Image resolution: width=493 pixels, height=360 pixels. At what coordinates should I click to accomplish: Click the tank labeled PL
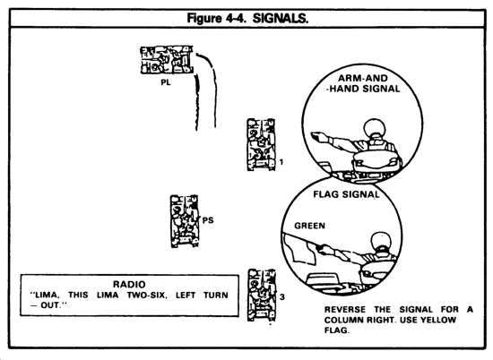(167, 60)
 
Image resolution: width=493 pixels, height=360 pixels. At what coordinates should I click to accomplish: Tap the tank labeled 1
(261, 144)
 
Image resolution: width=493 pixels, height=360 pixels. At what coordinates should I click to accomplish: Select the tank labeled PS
(185, 221)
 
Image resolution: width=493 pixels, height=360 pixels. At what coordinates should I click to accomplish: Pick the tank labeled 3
(262, 295)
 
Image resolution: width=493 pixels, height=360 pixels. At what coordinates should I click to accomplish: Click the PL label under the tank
(166, 82)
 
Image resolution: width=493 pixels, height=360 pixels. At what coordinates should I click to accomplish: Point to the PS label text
(208, 220)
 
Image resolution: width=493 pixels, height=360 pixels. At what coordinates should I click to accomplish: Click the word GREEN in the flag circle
(310, 226)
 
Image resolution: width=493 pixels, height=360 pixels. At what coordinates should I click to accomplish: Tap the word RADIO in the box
(129, 285)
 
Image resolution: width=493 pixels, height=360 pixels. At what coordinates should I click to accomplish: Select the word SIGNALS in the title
(281, 19)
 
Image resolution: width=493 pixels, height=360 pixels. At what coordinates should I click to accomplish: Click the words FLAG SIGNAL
(346, 194)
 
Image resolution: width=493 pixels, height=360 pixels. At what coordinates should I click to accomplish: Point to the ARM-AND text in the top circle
(363, 78)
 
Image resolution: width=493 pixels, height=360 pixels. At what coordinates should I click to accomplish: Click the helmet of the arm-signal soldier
(375, 127)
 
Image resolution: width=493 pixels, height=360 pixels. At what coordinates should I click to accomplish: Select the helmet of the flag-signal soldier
(381, 241)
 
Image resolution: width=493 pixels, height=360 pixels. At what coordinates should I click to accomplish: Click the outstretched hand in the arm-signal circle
(319, 137)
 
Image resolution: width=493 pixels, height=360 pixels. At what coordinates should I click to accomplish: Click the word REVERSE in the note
(345, 310)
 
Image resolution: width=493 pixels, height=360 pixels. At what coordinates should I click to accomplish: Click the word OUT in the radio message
(49, 305)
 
